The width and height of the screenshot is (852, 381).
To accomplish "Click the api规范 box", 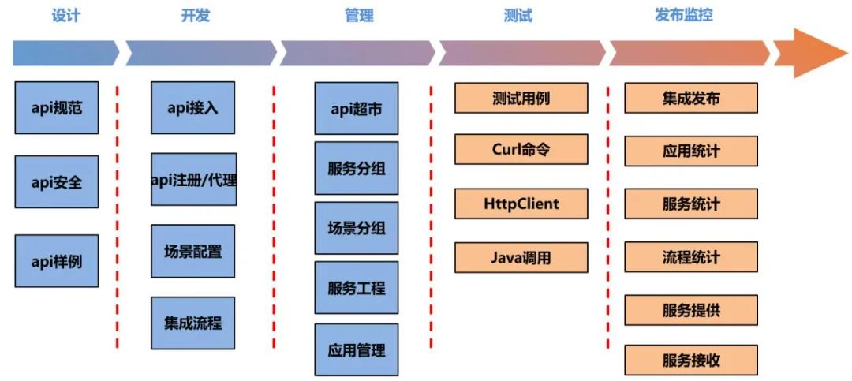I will pos(57,107).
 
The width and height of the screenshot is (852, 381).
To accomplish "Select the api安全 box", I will pos(57,181).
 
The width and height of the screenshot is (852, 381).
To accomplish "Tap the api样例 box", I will pos(57,260).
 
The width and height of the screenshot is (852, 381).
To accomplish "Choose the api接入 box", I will pos(193,107).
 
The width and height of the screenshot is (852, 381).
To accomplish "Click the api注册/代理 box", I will pos(193,179).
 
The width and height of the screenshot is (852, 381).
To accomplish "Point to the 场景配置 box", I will pos(193,251).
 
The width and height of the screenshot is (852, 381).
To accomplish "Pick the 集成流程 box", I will pos(193,323).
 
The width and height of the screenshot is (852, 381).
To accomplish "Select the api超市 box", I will pos(356,108).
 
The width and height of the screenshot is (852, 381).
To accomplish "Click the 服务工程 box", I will pos(356,288).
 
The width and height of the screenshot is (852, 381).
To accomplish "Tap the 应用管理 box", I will pos(356,348).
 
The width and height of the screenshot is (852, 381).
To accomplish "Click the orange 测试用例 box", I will pos(521,99).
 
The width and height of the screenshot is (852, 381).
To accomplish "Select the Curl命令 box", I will pos(521,149).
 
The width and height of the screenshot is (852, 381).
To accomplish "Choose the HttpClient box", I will pos(521,204).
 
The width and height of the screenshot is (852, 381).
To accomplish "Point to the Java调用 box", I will pos(521,257).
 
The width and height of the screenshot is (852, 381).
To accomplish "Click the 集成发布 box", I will pos(691,99).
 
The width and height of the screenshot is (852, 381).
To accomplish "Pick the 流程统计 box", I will pos(691,257).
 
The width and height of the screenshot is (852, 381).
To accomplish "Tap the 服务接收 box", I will pos(691,360).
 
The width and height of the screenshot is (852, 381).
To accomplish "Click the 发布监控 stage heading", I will pos(683,14).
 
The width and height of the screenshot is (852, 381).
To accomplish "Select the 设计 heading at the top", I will pos(65,15).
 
